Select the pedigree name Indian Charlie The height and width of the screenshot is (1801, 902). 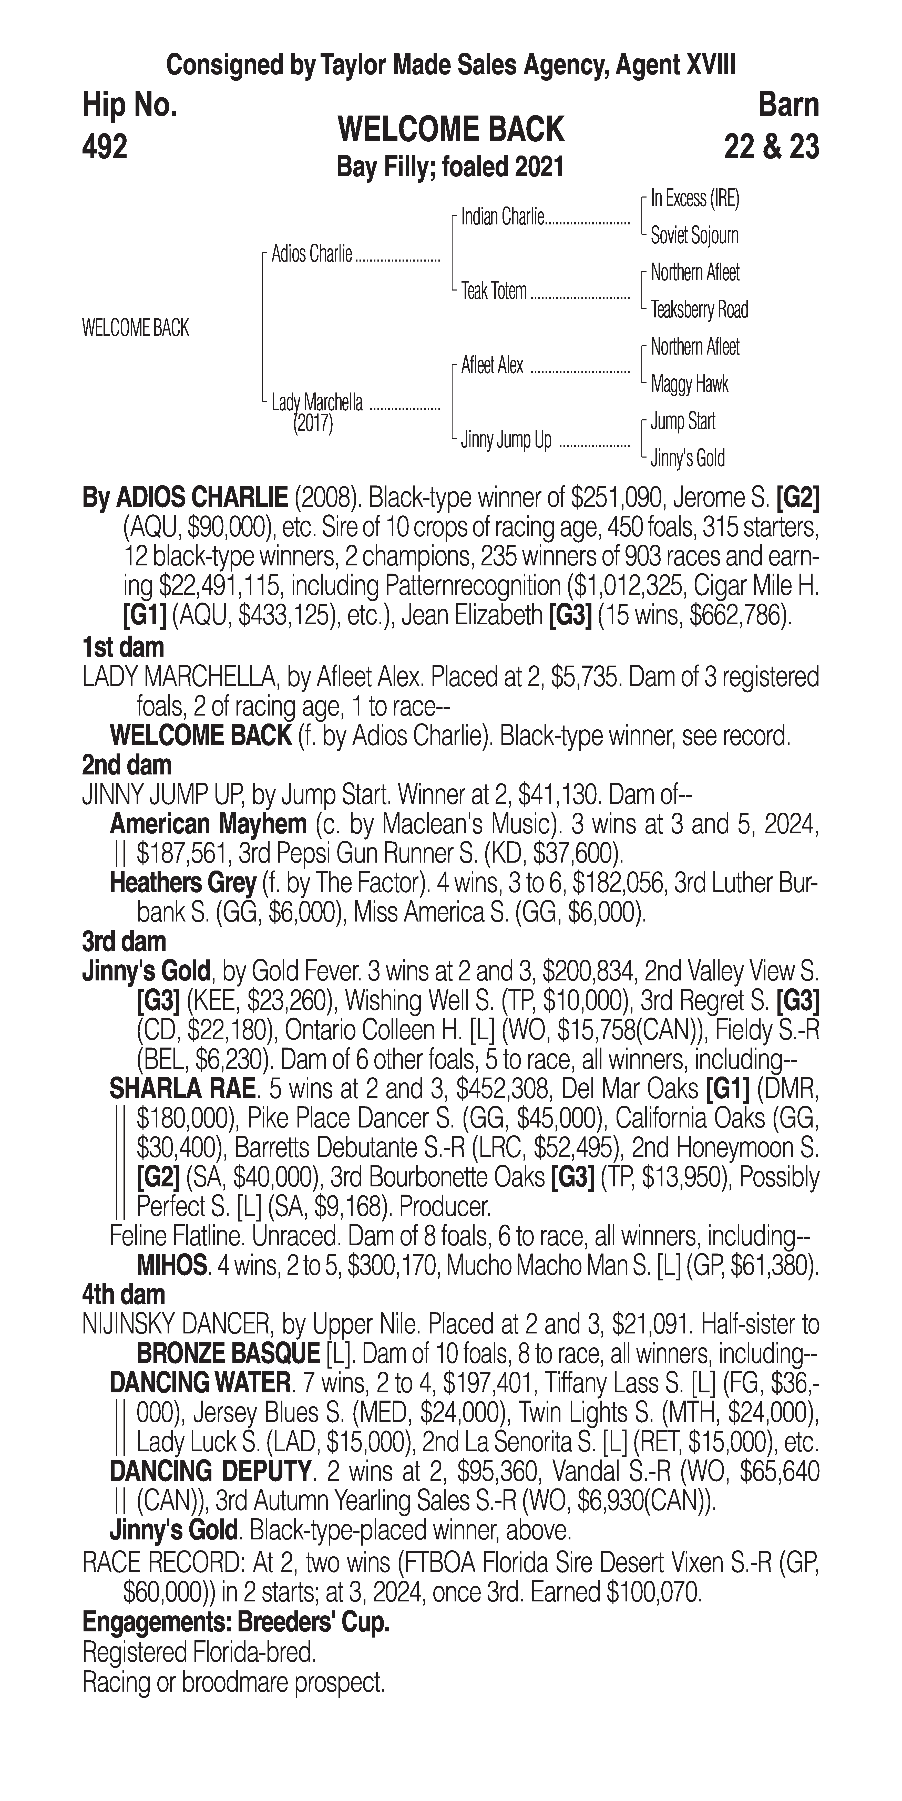[502, 218]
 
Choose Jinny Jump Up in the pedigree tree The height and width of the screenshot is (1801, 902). [506, 440]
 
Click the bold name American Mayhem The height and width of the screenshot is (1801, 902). [208, 824]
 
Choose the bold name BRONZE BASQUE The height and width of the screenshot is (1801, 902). [228, 1354]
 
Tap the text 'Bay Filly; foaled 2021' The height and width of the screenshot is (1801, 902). [450, 168]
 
